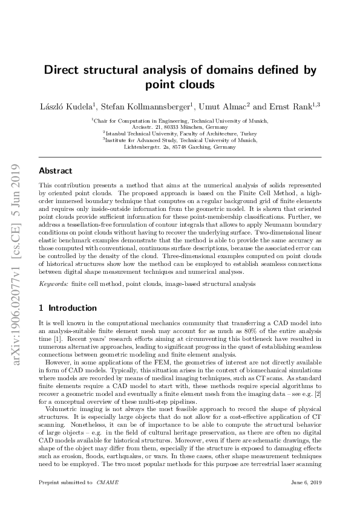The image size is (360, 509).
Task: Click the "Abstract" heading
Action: [55, 171]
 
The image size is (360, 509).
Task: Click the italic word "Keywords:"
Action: [52, 283]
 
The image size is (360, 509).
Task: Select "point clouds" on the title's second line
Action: [180, 84]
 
